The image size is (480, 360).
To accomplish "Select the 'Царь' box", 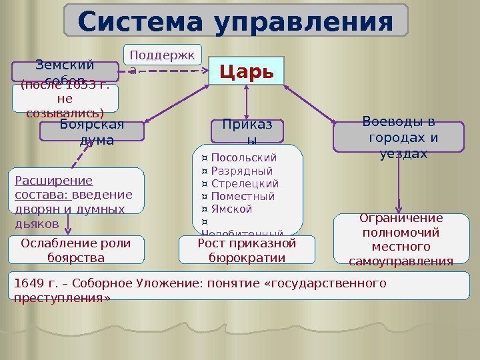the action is tap(246, 71).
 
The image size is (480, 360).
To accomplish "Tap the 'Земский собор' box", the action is tap(65, 70).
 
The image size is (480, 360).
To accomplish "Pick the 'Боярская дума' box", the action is tap(92, 131).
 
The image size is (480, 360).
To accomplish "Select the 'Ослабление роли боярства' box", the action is tap(76, 250).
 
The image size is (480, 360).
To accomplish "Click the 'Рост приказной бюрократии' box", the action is tap(247, 250).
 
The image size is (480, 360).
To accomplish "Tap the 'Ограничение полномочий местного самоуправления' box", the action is tap(401, 239).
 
